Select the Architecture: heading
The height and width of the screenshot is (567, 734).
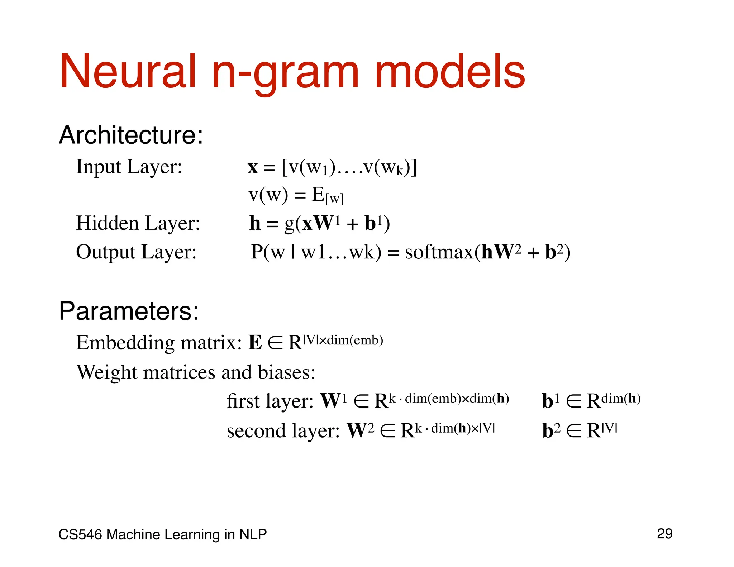pos(131,135)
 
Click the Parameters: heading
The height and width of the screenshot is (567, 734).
pos(129,311)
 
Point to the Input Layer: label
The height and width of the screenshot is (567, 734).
pos(129,167)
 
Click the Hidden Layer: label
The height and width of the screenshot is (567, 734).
pos(138,223)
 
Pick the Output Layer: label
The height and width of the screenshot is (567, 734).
pos(136,252)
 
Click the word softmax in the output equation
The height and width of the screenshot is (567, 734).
pos(439,252)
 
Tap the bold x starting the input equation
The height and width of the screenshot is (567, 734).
pos(253,167)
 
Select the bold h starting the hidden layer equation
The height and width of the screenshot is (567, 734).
pos(255,223)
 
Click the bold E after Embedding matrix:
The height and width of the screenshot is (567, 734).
pos(255,343)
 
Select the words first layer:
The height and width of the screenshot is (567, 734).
pos(270,401)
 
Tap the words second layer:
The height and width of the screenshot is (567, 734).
pos(283,431)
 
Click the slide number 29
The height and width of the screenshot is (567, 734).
pos(664,534)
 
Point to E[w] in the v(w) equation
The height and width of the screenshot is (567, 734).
pos(327,196)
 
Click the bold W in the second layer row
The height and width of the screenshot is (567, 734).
pos(356,430)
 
